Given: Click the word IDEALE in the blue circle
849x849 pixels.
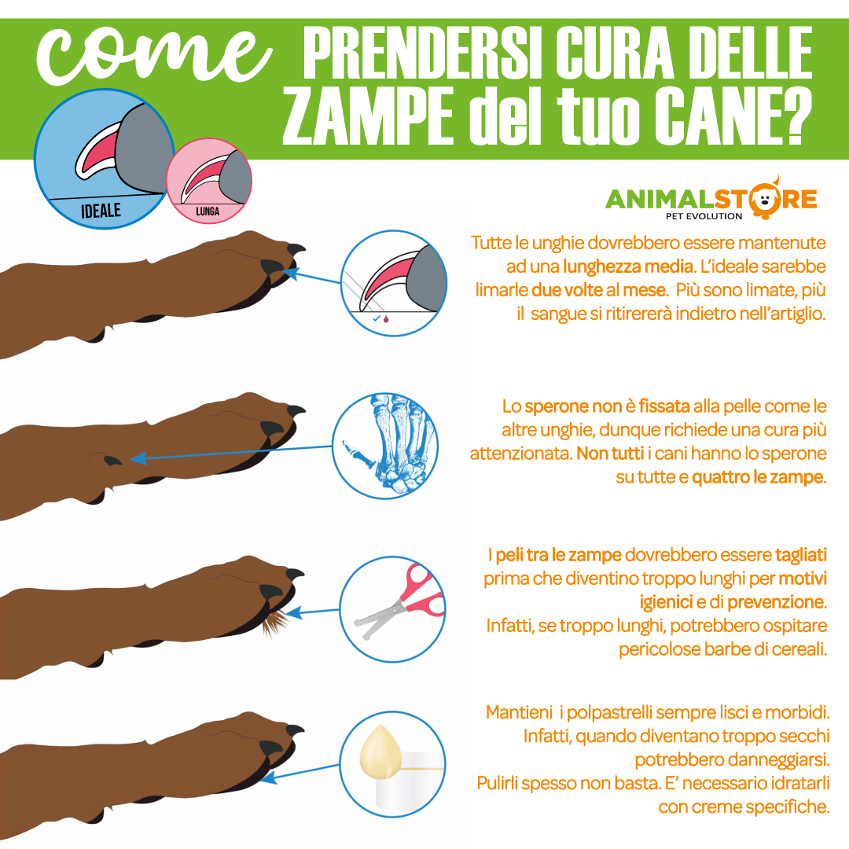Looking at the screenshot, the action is tap(101, 210).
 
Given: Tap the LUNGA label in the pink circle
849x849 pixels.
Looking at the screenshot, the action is tap(208, 211).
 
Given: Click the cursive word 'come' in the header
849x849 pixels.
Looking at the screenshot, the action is tap(153, 56).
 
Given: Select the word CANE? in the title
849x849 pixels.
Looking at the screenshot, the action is tap(733, 117).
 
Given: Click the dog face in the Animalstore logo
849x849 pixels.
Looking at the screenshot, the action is tap(765, 199).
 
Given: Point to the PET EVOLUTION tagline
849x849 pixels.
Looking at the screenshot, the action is tap(704, 217).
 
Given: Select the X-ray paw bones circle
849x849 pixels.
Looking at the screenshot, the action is tap(385, 446).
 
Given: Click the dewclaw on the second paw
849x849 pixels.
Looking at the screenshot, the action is tap(112, 460).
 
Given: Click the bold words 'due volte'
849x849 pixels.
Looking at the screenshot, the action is tap(567, 290).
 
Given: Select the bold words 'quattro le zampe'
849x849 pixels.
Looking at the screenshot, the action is tap(758, 477).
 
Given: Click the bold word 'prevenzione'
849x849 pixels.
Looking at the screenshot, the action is tap(775, 602).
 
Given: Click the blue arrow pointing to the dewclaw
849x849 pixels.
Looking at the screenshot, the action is tap(231, 453).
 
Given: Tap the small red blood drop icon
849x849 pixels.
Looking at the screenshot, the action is tap(386, 319).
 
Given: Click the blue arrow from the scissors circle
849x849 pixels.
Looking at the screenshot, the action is tap(313, 612).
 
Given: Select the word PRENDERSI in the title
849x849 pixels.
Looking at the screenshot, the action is tap(423, 53).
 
